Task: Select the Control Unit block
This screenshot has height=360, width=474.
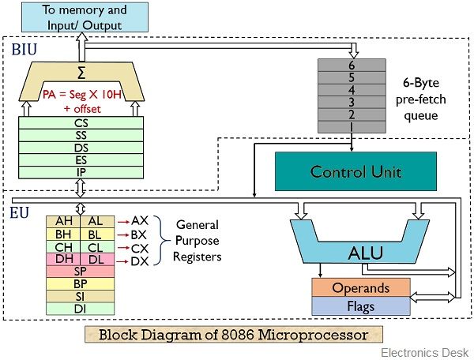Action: [344, 171]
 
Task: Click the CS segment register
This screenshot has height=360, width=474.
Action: [81, 124]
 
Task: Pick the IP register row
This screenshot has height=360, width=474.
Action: [81, 171]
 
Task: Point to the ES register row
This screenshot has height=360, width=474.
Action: [81, 159]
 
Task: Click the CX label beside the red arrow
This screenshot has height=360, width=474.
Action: [139, 247]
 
